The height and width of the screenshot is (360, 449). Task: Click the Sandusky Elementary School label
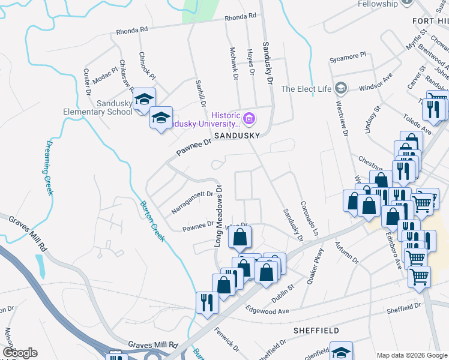pyautogui.click(x=98, y=107)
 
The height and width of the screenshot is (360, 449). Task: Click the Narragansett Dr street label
pyautogui.click(x=192, y=202)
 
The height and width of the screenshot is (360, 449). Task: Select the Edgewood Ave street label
pyautogui.click(x=268, y=311)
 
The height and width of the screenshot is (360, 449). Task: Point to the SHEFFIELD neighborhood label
pyautogui.click(x=316, y=331)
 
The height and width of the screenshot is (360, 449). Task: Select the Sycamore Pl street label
pyautogui.click(x=348, y=59)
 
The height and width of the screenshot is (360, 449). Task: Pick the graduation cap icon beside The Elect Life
pyautogui.click(x=341, y=89)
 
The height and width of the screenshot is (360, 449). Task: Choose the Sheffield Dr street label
pyautogui.click(x=403, y=308)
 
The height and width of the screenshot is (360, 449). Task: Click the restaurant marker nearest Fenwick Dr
pyautogui.click(x=204, y=302)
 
